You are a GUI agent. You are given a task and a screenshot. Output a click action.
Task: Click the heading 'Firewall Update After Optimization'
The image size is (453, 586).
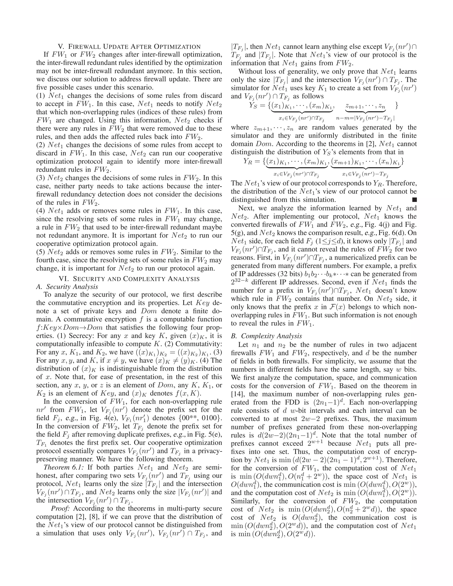[129, 46]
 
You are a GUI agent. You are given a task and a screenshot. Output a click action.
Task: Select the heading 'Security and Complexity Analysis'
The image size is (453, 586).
[129, 279]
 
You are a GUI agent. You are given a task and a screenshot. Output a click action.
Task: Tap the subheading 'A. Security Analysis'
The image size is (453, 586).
[67, 287]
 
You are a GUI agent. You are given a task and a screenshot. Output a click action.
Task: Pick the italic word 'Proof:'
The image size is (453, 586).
[60, 508]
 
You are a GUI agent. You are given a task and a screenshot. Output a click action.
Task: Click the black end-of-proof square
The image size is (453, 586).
[414, 199]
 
